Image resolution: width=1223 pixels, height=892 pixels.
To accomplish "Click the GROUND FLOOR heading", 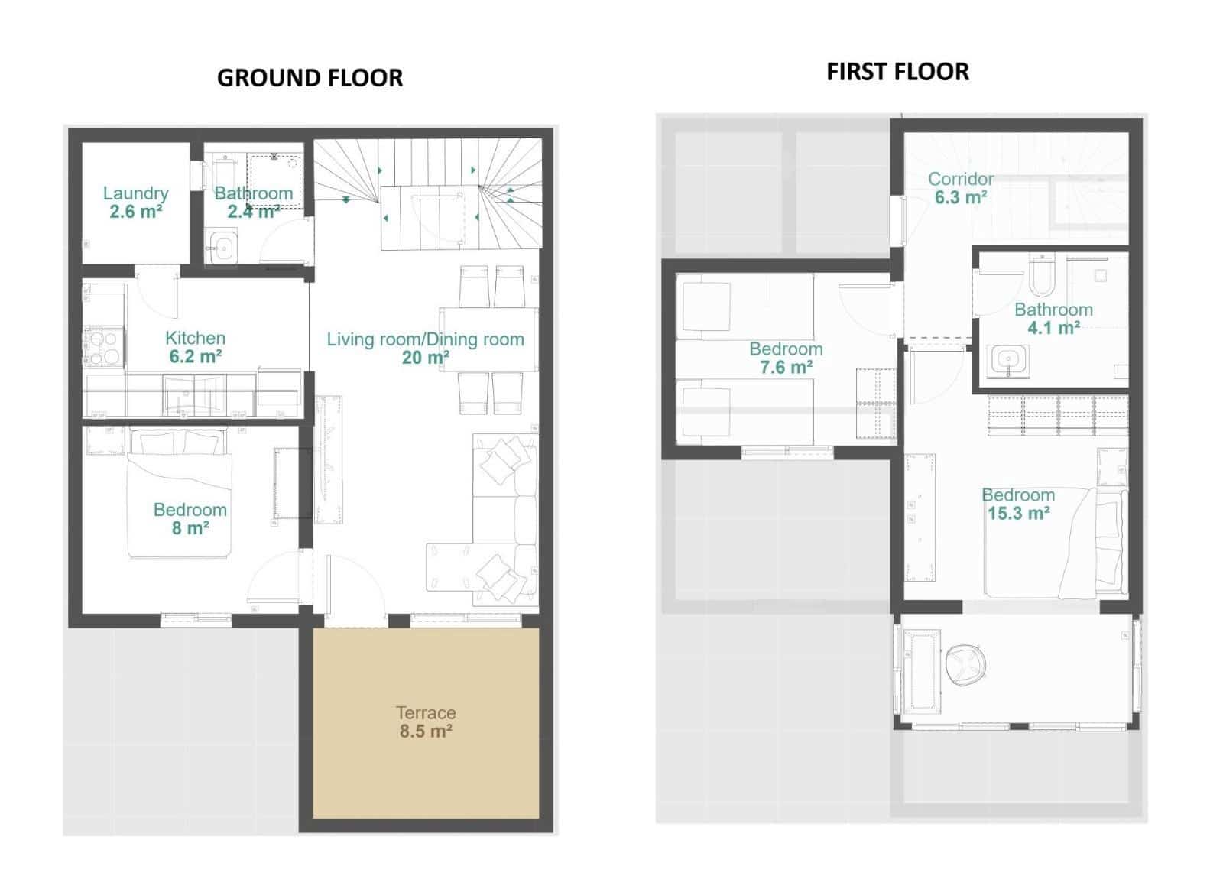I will click(310, 78).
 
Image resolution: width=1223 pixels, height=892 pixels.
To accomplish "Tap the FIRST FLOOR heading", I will click(897, 72).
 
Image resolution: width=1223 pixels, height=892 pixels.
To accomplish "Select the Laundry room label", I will click(135, 193).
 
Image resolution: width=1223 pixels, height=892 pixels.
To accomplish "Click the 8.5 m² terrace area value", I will click(426, 731).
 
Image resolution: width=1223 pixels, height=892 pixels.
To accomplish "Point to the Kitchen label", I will click(195, 338).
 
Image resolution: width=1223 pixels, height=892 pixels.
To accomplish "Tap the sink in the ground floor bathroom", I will click(224, 248).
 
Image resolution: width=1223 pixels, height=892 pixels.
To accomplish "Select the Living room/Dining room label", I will click(425, 339).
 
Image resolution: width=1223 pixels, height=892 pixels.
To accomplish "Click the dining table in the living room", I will click(489, 339).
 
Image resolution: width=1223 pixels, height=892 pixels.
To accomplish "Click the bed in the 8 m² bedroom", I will click(180, 493).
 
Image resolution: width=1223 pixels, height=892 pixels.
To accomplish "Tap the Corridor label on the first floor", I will click(960, 179).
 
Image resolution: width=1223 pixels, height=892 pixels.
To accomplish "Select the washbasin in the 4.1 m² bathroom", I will click(1010, 360).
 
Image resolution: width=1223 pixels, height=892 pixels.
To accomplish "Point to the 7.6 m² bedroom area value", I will click(786, 368).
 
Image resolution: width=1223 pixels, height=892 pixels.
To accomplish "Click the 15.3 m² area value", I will click(1018, 514).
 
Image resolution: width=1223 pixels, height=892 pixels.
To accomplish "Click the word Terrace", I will click(426, 712).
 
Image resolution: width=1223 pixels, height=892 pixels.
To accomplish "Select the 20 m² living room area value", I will click(425, 358).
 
